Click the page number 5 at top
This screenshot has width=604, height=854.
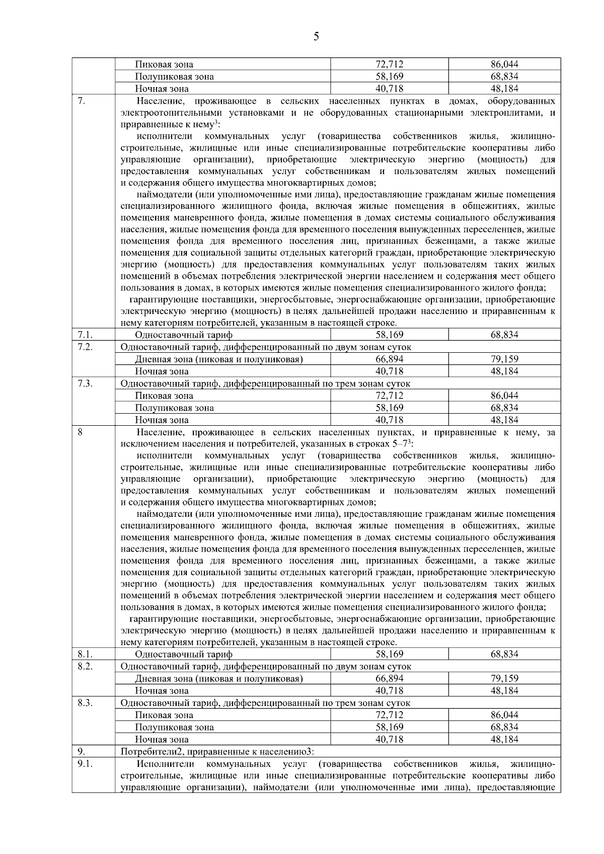pos(316,36)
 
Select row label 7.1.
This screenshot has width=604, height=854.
pos(85,334)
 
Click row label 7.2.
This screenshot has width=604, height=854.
pos(85,347)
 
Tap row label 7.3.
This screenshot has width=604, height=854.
pos(85,383)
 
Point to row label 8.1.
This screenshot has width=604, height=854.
pos(85,654)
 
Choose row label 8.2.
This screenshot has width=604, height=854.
pos(85,666)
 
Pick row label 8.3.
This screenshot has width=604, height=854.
pos(85,703)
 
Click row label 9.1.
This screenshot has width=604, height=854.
pos(85,764)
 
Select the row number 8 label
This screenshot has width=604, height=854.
pos(81,432)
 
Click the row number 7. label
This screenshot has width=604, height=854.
pos(82,101)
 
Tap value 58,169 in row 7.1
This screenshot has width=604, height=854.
pos(389,335)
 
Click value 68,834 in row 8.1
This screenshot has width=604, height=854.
pos(504,654)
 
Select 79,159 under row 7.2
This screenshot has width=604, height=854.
pos(504,359)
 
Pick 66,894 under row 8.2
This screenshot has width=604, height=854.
pos(389,678)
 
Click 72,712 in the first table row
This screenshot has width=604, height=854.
pos(389,64)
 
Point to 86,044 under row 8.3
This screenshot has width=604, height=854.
pos(504,715)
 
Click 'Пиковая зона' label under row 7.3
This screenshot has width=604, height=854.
pos(164,396)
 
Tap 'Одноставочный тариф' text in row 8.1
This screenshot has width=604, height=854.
pos(184,654)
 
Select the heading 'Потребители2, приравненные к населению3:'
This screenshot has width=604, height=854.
pos(217,752)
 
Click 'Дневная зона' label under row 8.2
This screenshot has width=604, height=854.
pos(218,678)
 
